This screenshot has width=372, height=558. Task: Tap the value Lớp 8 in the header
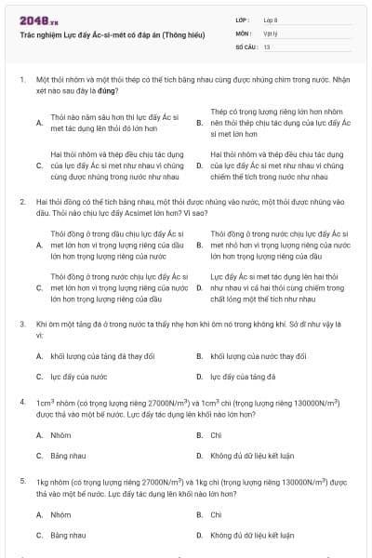pos(270,20)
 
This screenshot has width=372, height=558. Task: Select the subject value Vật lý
pos(269,33)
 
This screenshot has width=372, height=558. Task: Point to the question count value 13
pos(267,46)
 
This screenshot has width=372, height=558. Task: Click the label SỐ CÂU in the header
pos(243,46)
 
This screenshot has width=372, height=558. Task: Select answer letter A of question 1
pos(38,123)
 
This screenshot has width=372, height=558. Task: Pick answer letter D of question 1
pos(199,166)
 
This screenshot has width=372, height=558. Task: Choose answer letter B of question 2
pos(199,245)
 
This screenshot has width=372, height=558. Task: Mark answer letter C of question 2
pos(38,288)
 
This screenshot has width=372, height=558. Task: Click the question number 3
pos(21,324)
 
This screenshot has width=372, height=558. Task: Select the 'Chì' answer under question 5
pos(216,514)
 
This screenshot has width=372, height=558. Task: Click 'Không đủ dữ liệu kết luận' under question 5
pos(252,536)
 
